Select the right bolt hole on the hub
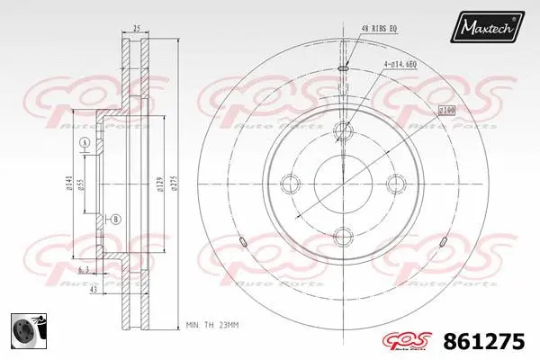(x=396, y=184)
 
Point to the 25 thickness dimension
(x=134, y=28)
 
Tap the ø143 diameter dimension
(x=69, y=184)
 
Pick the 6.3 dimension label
(x=82, y=269)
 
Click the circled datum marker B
(x=114, y=219)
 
